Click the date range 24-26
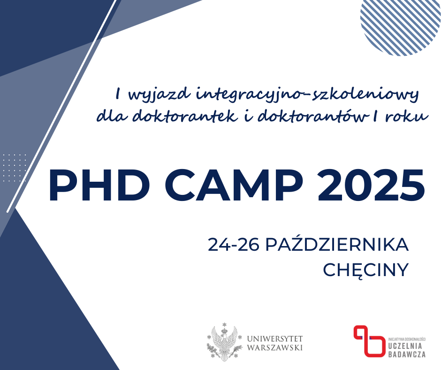234,245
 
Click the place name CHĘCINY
365,270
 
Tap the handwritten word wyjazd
159,94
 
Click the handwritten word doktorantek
185,116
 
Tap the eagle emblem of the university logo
224,342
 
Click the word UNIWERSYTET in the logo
275,339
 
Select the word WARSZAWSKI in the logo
275,347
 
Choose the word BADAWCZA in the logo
407,354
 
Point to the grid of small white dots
15,168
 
